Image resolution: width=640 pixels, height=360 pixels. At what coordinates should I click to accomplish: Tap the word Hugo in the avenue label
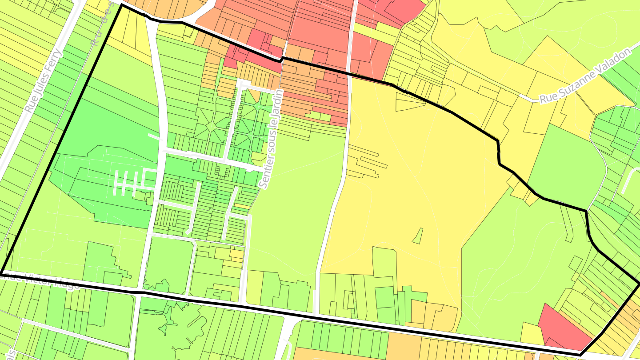[x=67, y=284]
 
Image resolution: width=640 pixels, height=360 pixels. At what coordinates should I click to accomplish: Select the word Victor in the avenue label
[x=41, y=280]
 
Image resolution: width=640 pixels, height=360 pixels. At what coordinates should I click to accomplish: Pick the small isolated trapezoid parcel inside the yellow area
[x=417, y=236]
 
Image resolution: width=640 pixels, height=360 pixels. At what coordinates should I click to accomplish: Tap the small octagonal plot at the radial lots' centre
[x=211, y=126]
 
